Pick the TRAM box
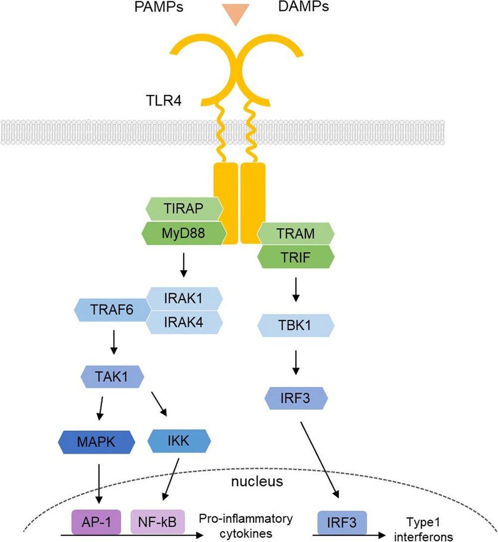point(295,233)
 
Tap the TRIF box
point(295,257)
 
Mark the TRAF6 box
point(112,310)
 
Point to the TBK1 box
point(295,326)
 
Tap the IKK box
point(179,441)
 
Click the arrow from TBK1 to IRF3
point(295,362)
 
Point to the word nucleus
point(257,482)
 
